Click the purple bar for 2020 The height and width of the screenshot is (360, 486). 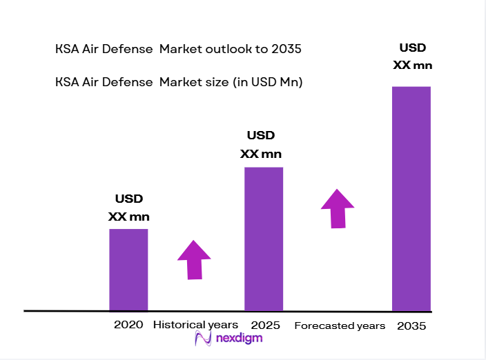128,270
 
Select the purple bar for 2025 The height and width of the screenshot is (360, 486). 264,239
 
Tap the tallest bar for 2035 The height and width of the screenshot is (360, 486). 411,199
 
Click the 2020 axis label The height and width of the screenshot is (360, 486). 128,325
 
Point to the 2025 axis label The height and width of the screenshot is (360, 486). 265,325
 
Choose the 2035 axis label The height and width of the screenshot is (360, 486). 411,326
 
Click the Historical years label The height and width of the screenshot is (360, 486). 195,325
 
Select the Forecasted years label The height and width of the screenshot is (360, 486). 339,326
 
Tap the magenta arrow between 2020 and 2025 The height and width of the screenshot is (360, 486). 194,259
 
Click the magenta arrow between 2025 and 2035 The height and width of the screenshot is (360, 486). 337,208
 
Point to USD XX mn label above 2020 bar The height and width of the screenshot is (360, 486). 128,208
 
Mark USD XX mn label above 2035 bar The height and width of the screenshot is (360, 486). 413,57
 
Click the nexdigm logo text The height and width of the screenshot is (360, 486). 238,339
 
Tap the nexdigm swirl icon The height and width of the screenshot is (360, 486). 204,338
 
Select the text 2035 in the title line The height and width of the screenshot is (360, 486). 287,50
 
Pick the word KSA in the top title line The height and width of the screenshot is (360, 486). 67,50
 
